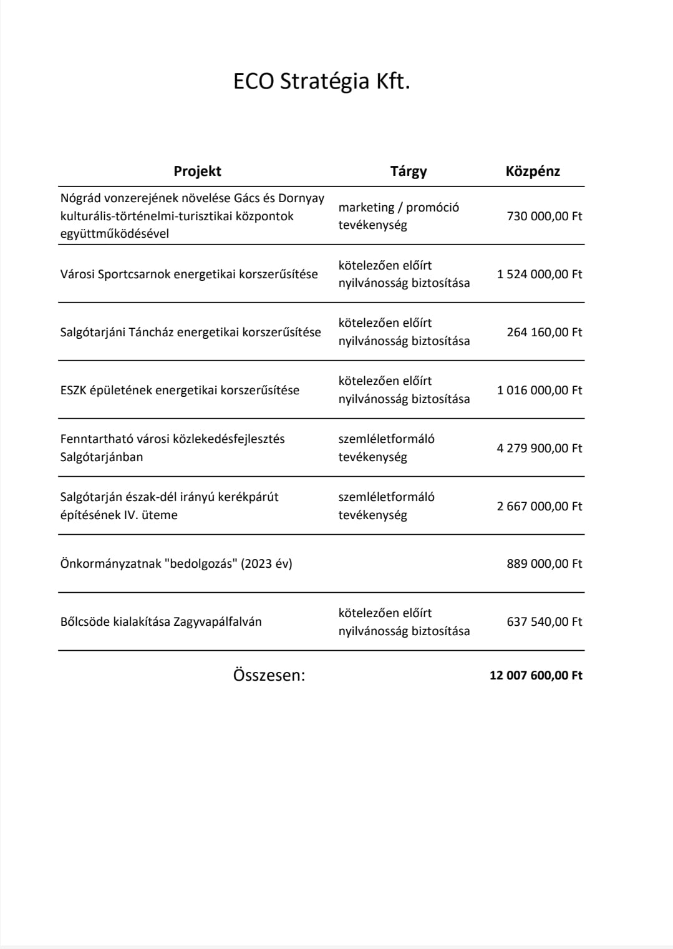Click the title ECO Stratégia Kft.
[x=321, y=82]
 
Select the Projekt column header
[x=197, y=172]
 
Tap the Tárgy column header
[x=409, y=172]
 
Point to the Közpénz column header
[x=533, y=172]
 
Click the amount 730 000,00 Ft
[x=544, y=217]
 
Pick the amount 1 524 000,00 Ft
[x=539, y=275]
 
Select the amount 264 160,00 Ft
[x=544, y=333]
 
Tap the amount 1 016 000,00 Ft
[x=539, y=391]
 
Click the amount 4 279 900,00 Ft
[x=539, y=449]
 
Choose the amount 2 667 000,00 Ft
[x=539, y=507]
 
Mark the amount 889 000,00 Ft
[x=544, y=564]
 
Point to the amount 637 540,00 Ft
[x=544, y=622]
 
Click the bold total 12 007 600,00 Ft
[x=536, y=676]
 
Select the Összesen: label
[x=269, y=676]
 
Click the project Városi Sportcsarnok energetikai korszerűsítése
[x=189, y=275]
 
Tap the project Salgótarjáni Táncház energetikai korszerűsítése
[x=190, y=333]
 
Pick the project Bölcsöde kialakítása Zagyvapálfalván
[x=161, y=622]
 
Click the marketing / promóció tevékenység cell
[x=399, y=217]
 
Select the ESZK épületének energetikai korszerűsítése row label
[x=180, y=391]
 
